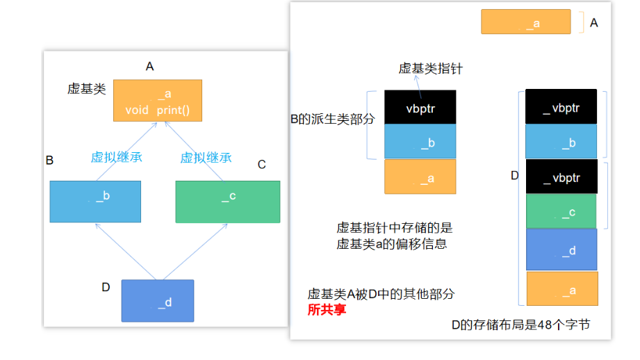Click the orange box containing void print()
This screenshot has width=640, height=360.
pos(158,101)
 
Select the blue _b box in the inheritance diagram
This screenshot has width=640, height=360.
pos(95,202)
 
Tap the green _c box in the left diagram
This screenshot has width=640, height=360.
pos(227,202)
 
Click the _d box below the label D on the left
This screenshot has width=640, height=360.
pos(157,300)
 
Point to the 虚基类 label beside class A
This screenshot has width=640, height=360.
pos(86,88)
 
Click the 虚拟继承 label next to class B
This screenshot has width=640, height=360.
pos(117,157)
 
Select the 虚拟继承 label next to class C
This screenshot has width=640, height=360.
pos(206,157)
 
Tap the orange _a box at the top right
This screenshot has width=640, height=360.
pos(525,22)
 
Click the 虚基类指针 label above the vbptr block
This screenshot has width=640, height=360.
pos(430,68)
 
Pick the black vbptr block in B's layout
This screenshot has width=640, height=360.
pos(420,107)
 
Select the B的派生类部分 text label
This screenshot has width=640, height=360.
pos(332,119)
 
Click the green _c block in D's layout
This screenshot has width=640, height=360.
pos(561,211)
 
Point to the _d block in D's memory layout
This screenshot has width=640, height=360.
pos(561,249)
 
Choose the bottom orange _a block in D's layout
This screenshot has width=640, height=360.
pos(561,288)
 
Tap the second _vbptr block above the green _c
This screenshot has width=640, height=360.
pos(561,177)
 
